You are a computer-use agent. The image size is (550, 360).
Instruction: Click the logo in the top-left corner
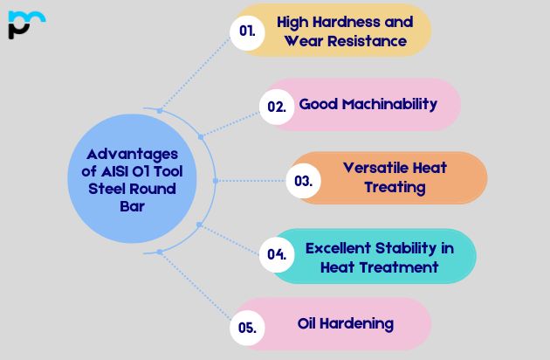tap(25, 24)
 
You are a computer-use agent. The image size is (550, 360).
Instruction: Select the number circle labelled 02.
tap(276, 107)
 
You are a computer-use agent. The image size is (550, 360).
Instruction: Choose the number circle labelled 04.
tap(277, 255)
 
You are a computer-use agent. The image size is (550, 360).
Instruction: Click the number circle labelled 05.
tap(247, 329)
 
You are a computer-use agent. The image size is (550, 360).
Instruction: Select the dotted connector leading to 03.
tap(253, 181)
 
